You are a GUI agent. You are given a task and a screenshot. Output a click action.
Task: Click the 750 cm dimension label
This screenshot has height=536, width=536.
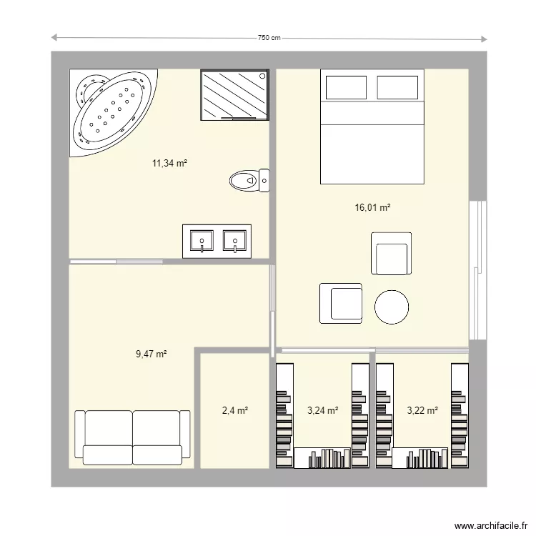pos(269,39)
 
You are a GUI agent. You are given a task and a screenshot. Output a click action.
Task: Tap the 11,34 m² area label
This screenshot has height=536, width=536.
pos(169,164)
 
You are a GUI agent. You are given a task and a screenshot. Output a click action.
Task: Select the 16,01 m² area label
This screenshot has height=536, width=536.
pos(372,208)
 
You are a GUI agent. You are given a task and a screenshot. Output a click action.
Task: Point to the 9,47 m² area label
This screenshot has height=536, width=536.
pos(151,354)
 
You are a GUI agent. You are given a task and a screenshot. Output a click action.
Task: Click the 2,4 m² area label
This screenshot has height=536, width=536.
pos(234,410)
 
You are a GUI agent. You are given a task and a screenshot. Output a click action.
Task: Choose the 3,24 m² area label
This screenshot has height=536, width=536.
pos(322,410)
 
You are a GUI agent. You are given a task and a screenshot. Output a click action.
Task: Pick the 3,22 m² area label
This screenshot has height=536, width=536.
pos(422,410)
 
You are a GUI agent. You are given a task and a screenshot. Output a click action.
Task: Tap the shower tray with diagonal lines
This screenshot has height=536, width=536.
pos(234,95)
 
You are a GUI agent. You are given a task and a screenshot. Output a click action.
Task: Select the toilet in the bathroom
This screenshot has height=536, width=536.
pos(249,181)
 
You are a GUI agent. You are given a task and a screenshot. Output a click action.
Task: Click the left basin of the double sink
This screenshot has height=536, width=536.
pos(203,241)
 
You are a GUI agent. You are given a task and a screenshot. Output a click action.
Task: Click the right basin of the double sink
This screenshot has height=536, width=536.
pos(234,241)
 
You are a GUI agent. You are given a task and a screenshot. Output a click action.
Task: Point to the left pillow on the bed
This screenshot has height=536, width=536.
pos(346,87)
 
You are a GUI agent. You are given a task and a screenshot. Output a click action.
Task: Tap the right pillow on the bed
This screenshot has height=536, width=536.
pos(397,87)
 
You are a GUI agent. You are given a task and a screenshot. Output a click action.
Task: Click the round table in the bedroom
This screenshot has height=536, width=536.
pos(392,307)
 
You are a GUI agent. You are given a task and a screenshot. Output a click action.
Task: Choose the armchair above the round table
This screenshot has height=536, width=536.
pos(391,253)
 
